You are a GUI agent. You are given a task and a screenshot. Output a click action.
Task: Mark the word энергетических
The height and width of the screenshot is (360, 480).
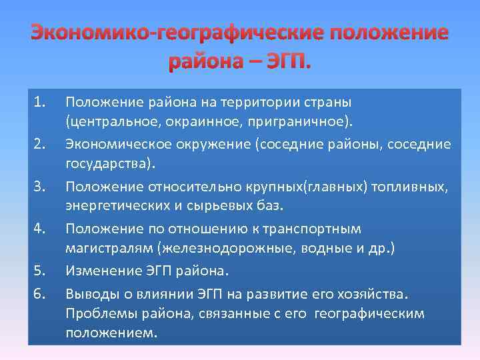pos(117,207)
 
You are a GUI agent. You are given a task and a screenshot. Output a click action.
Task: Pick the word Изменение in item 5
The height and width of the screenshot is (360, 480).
pos(96,271)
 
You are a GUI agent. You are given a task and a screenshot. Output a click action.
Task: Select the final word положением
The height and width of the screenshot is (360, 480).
pos(111,333)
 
